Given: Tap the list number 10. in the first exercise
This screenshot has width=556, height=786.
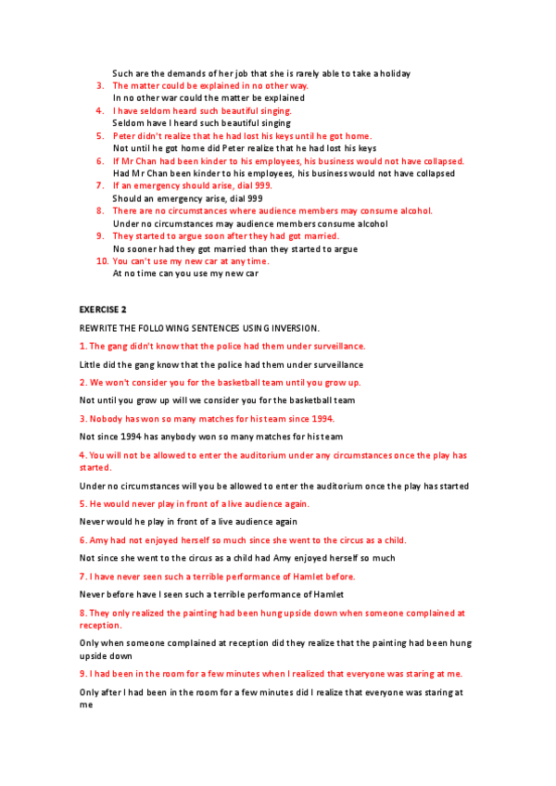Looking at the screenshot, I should point(103,261).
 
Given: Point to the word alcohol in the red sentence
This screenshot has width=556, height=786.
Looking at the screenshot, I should point(416,210).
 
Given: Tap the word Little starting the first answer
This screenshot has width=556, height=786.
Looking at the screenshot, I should point(91,364).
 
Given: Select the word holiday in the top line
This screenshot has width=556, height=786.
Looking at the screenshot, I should point(394,73).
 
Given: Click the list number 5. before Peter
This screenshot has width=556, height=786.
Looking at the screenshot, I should point(100,135).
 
